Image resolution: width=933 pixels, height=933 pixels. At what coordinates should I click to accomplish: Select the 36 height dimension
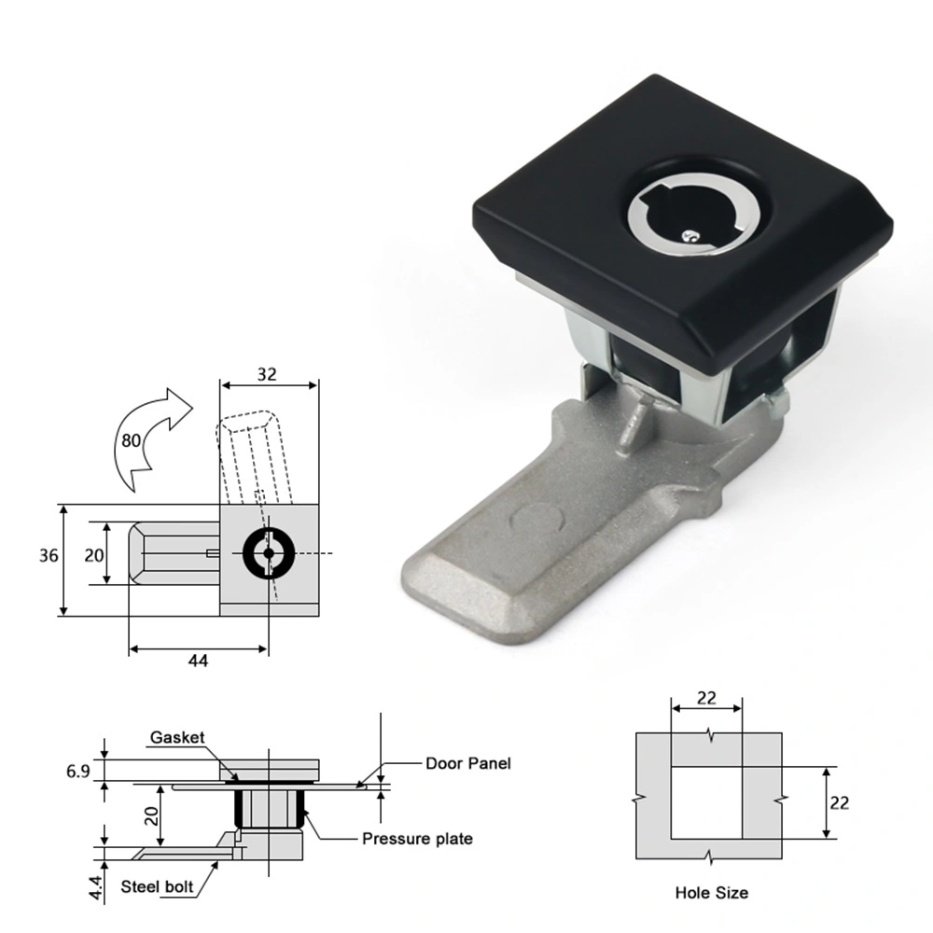pyautogui.click(x=49, y=555)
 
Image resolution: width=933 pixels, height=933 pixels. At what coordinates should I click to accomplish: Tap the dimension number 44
pyautogui.click(x=198, y=661)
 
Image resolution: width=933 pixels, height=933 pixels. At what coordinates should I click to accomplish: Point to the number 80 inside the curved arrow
pyautogui.click(x=132, y=439)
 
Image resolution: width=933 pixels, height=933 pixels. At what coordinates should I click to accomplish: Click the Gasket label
pyautogui.click(x=177, y=738)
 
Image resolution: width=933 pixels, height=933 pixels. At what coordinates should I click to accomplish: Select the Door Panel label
pyautogui.click(x=468, y=763)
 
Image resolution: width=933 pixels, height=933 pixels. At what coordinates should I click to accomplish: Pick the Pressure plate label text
pyautogui.click(x=417, y=839)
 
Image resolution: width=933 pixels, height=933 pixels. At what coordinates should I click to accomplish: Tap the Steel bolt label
pyautogui.click(x=157, y=886)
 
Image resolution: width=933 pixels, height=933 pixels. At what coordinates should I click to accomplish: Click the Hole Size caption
pyautogui.click(x=711, y=893)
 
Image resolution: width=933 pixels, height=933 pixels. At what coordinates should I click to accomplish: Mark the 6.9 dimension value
pyautogui.click(x=77, y=771)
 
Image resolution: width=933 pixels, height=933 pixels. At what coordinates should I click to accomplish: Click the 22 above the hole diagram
pyautogui.click(x=706, y=697)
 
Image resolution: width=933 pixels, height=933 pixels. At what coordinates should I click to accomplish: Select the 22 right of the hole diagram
pyautogui.click(x=839, y=802)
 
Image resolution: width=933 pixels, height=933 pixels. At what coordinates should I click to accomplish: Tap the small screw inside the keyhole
pyautogui.click(x=688, y=236)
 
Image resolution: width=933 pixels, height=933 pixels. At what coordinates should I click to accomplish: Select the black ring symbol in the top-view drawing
pyautogui.click(x=269, y=553)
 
